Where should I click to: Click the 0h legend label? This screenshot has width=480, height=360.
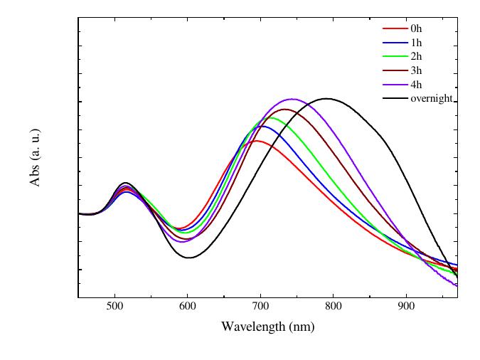[x=416, y=28]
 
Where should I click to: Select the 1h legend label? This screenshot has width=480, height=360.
[x=416, y=43]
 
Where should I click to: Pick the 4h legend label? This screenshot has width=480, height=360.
[x=416, y=85]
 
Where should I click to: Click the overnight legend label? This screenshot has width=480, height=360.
[x=432, y=98]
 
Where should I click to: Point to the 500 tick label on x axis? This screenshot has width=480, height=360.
[x=114, y=307]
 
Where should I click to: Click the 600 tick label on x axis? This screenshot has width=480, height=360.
[x=187, y=307]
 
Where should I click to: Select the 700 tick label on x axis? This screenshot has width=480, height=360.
[x=260, y=307]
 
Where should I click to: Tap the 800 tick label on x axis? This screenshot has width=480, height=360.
[x=333, y=307]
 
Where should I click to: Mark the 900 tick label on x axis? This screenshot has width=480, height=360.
[x=406, y=307]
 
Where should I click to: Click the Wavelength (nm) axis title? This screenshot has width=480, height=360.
[x=267, y=327]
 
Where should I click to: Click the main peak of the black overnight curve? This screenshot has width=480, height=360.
[x=326, y=98]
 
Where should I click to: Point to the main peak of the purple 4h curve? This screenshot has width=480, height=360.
[x=292, y=99]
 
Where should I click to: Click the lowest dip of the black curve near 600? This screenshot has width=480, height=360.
[x=189, y=258]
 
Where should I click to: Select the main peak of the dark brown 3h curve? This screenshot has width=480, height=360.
[x=285, y=109]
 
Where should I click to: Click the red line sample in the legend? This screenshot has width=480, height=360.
[x=395, y=28]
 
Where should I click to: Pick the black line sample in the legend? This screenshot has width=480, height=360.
[x=395, y=98]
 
